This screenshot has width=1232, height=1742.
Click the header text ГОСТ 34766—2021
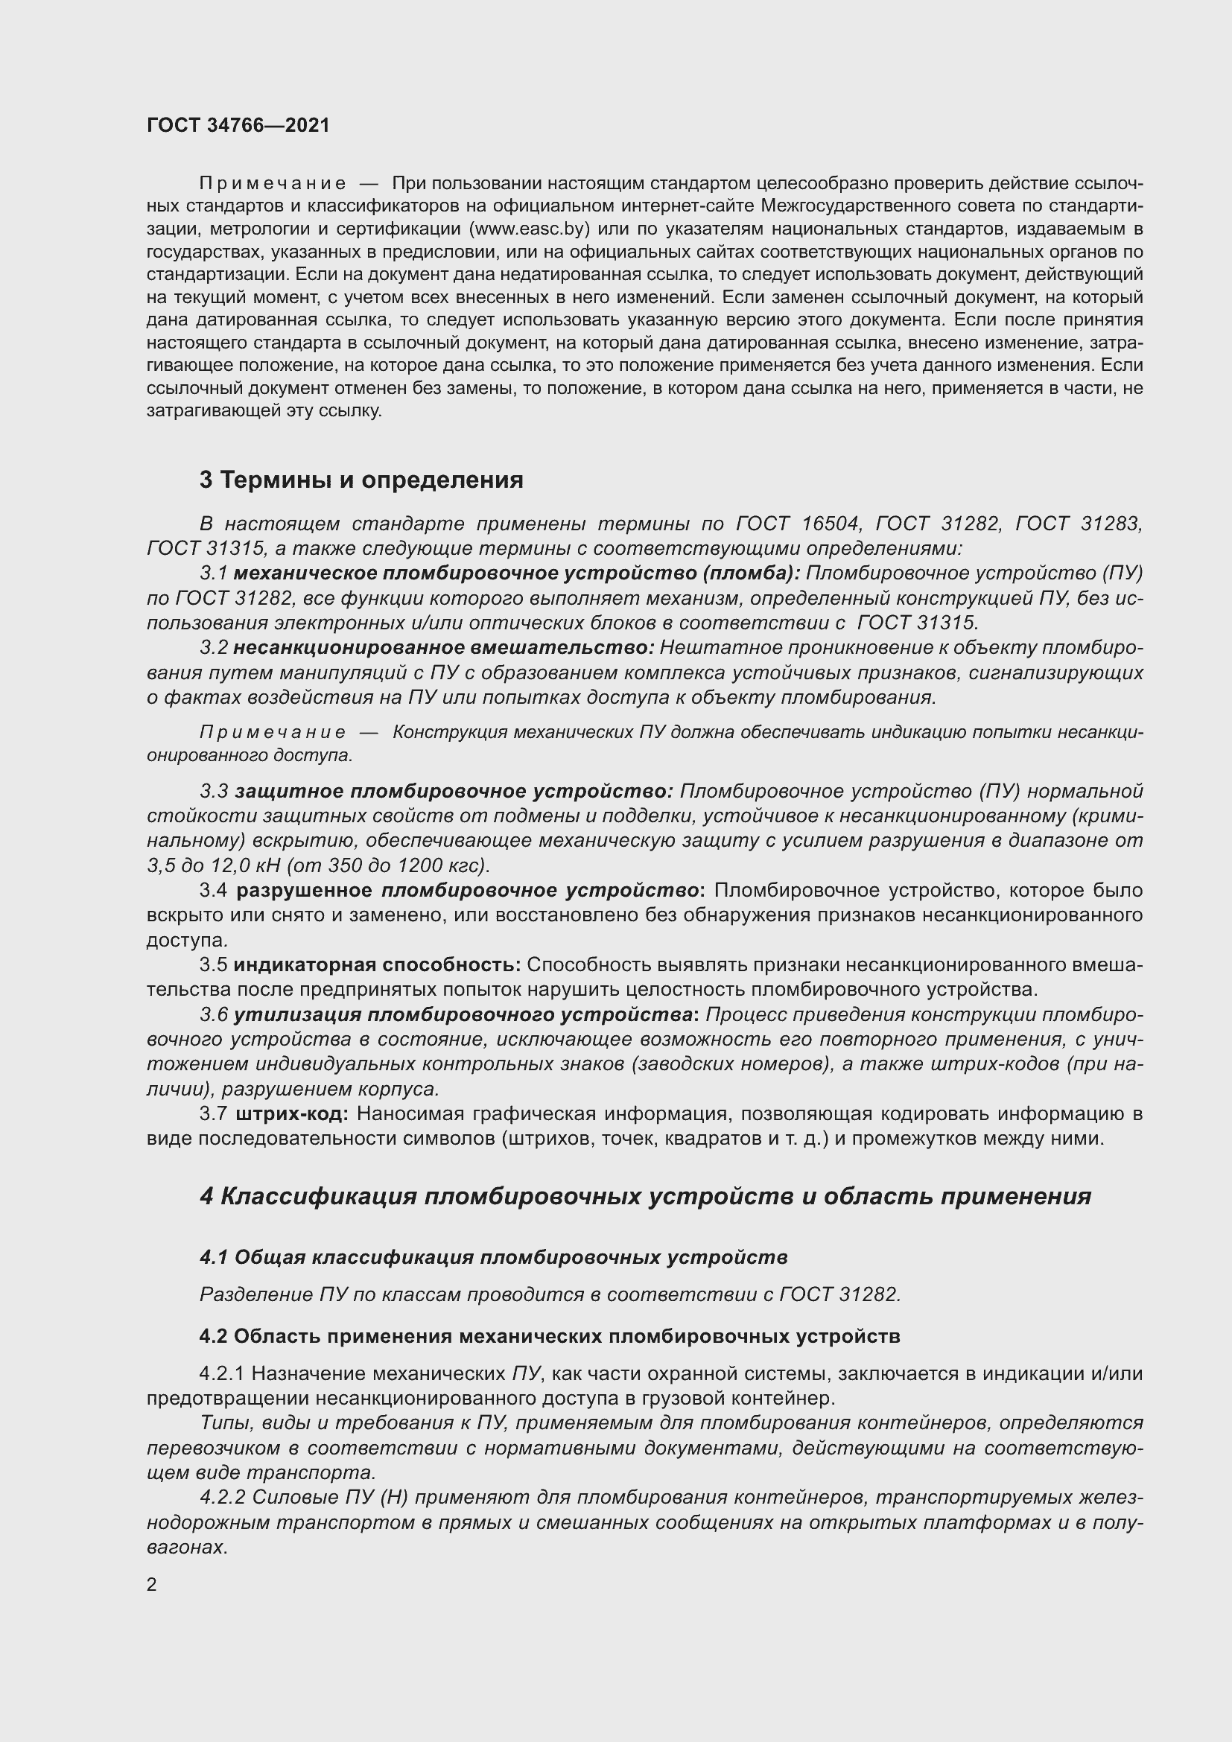238,125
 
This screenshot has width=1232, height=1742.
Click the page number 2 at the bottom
152,1584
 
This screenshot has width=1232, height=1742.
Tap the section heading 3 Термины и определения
361,480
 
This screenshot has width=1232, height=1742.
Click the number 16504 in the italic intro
830,524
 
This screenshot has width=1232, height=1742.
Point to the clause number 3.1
214,573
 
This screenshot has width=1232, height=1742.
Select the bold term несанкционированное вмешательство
443,648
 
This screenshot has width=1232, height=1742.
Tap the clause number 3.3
214,792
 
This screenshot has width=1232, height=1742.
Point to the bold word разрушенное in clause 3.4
304,890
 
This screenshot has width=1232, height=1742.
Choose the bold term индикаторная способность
376,964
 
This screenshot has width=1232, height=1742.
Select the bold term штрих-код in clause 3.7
292,1113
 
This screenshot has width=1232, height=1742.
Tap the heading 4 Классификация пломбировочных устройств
645,1198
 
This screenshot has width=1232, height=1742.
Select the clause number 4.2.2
222,1498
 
